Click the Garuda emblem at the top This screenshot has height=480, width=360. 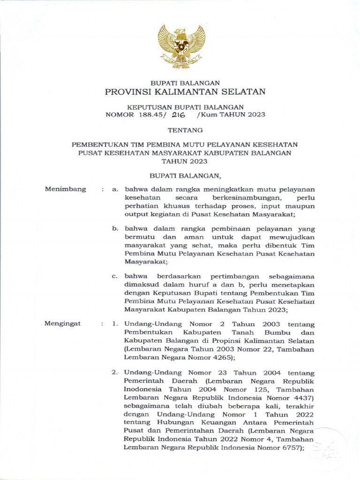(x=181, y=46)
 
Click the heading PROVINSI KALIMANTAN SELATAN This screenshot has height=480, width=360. (x=185, y=91)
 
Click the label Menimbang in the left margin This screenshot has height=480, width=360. (x=65, y=189)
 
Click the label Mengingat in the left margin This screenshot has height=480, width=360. (x=62, y=323)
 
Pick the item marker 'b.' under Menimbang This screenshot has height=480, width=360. (x=114, y=229)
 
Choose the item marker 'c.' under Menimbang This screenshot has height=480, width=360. (x=114, y=276)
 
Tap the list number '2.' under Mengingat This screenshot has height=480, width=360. (x=114, y=372)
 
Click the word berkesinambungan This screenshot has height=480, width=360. (x=240, y=197)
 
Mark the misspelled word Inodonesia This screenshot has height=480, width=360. (x=143, y=389)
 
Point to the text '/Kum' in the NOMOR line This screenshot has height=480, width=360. (x=211, y=115)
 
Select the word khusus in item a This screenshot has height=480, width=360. (x=172, y=206)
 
